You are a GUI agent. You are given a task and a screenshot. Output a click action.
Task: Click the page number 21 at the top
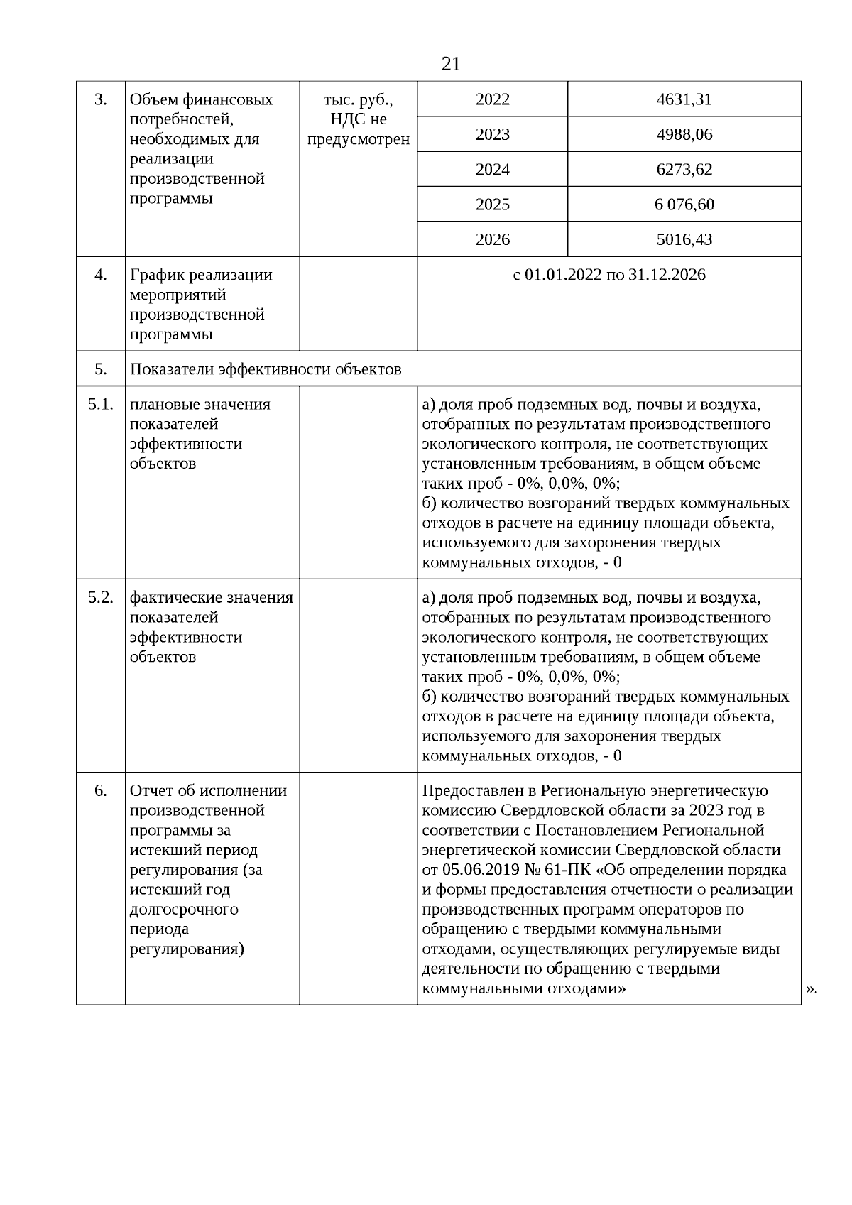tap(451, 65)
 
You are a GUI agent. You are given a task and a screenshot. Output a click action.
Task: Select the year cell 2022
tap(492, 99)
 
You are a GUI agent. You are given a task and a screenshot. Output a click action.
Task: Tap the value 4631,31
tap(684, 99)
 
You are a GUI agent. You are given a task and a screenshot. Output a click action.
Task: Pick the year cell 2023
tap(492, 134)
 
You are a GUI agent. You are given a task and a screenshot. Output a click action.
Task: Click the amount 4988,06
tap(684, 134)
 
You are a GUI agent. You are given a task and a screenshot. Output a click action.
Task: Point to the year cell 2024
tap(492, 170)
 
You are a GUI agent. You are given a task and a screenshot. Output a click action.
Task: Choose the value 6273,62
tap(684, 170)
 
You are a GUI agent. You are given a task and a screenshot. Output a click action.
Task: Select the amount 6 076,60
tap(684, 205)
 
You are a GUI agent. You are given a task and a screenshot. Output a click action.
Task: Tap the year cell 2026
tap(492, 239)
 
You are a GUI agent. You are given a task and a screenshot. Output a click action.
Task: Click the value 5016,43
tap(684, 239)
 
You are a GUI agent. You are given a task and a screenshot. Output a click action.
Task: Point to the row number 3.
tap(101, 99)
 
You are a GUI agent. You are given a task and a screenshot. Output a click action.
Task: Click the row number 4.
tap(101, 275)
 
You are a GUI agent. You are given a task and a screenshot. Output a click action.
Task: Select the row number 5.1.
tap(101, 405)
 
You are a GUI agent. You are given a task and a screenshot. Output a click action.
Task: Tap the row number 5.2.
tap(101, 598)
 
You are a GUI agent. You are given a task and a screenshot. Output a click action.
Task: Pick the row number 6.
tap(101, 791)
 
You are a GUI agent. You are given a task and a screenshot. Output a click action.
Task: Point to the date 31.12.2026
tap(667, 275)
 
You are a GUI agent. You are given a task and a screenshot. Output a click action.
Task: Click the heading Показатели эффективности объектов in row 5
tap(266, 369)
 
